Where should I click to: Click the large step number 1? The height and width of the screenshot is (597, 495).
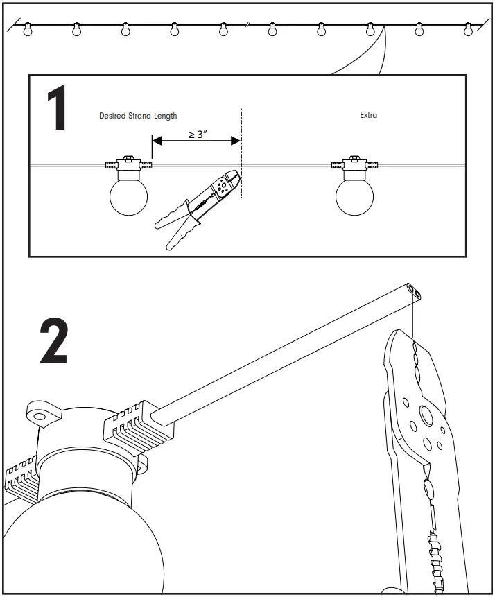(x=56, y=110)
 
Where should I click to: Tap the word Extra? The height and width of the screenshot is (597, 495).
(x=368, y=115)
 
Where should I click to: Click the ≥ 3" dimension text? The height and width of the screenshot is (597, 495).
(x=198, y=135)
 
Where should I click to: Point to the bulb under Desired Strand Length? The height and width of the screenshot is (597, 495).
(x=128, y=196)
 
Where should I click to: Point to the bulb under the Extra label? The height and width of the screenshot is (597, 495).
(x=354, y=196)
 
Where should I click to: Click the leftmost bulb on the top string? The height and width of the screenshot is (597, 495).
(x=28, y=30)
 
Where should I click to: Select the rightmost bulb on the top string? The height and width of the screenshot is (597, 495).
(x=469, y=30)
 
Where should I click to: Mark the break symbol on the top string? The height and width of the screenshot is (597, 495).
(x=247, y=26)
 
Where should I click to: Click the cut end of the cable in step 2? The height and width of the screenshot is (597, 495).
(x=415, y=289)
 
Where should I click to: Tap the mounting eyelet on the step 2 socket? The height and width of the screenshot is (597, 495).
(x=40, y=417)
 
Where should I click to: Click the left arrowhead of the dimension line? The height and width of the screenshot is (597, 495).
(x=156, y=141)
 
